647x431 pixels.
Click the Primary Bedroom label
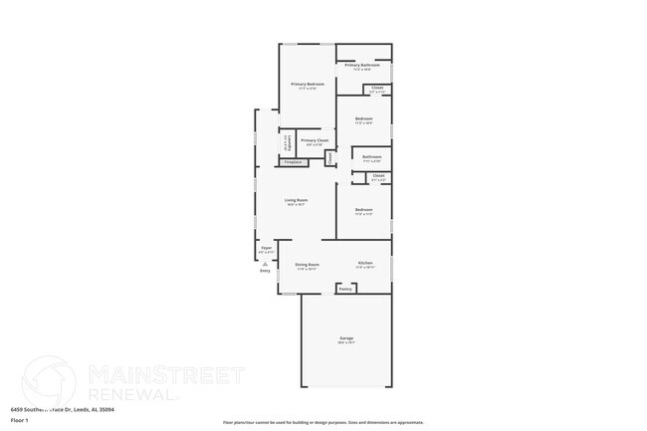coord(308,85)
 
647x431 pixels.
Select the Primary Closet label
coord(315,141)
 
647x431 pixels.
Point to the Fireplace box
coord(292,161)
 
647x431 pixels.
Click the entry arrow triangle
coord(265,263)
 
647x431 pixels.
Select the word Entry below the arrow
coord(265,271)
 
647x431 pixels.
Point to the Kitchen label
coord(364,264)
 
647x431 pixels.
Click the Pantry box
coord(345,290)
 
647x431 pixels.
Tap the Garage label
coord(346,339)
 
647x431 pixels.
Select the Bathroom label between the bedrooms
coord(371,156)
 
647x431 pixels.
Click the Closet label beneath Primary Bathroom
coord(377,89)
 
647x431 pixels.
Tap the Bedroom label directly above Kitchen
coord(363,210)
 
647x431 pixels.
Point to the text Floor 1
coord(21,421)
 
